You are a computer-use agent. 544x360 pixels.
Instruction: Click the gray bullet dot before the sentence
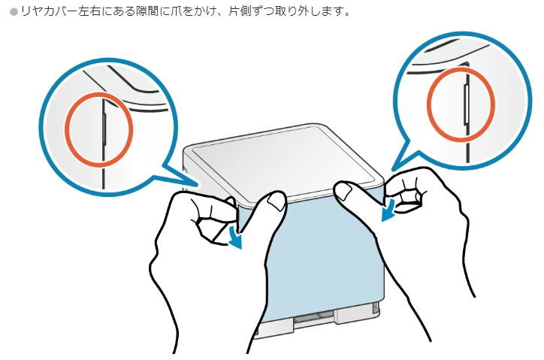coord(14,12)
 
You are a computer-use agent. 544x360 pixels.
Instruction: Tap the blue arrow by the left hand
coord(236,237)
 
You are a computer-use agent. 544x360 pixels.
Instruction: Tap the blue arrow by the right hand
coord(388,210)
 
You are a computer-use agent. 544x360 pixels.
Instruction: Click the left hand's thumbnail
coord(277,201)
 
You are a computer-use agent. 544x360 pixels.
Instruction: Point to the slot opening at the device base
coord(314,316)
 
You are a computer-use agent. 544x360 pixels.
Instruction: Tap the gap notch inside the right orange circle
coord(467,104)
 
